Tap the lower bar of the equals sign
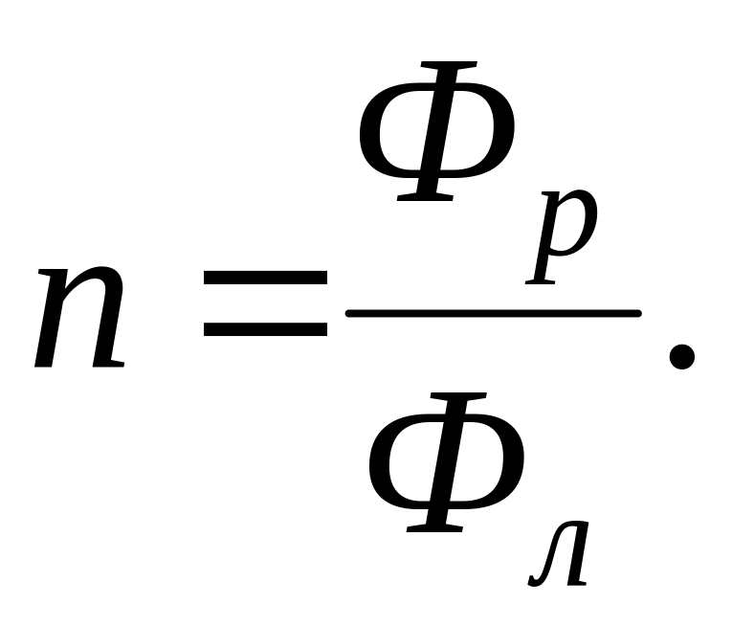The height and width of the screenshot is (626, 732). (265, 331)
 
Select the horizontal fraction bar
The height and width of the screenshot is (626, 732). (492, 313)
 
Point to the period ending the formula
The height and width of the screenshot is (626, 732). (680, 357)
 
